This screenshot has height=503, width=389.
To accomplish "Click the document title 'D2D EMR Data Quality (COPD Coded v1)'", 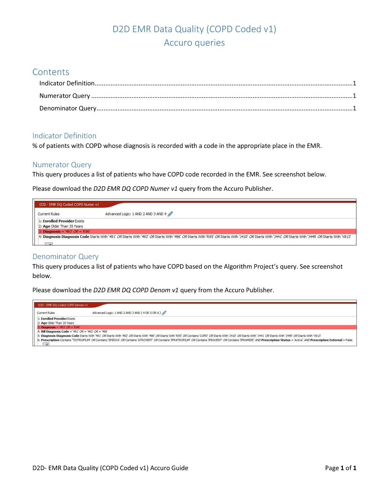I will pyautogui.click(x=194, y=29).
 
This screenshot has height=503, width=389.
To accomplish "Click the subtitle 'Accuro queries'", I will pyautogui.click(x=194, y=43).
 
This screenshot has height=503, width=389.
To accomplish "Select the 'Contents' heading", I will pyautogui.click(x=51, y=72).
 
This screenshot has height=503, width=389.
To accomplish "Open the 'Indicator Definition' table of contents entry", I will pyautogui.click(x=67, y=83).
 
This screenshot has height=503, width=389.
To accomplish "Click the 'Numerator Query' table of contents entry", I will pyautogui.click(x=65, y=96).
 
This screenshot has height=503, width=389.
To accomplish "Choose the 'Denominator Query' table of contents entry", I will pyautogui.click(x=68, y=108).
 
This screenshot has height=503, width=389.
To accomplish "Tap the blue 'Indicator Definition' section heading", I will pyautogui.click(x=64, y=136).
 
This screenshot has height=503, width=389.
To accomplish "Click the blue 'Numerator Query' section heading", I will pyautogui.click(x=62, y=165).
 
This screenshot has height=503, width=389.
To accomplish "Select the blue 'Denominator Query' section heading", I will pyautogui.click(x=65, y=257).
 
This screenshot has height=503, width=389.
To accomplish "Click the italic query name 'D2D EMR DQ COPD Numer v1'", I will pyautogui.click(x=135, y=189).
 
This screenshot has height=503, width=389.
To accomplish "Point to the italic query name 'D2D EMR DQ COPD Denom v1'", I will pyautogui.click(x=136, y=290).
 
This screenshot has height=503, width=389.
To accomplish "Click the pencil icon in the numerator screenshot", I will pyautogui.click(x=170, y=214).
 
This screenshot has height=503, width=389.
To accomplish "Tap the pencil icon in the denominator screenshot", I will pyautogui.click(x=164, y=313).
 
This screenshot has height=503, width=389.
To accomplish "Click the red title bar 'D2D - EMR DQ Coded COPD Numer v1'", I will pyautogui.click(x=69, y=205).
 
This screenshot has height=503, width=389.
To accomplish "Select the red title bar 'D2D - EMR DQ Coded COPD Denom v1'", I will pyautogui.click(x=63, y=305).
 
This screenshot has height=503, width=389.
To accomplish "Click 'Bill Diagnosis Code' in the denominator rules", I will pyautogui.click(x=55, y=332).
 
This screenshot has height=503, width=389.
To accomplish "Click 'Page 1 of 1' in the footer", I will pyautogui.click(x=340, y=468).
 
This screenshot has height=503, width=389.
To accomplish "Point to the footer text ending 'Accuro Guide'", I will pyautogui.click(x=110, y=468).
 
